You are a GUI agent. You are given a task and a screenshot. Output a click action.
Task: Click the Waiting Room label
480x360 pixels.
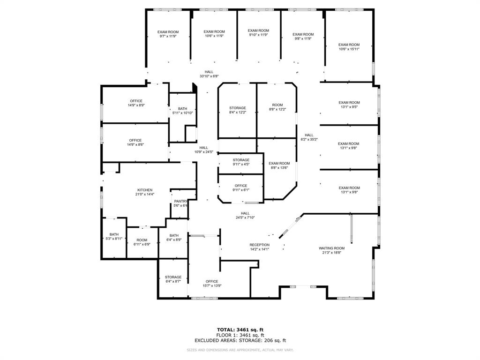[331, 248]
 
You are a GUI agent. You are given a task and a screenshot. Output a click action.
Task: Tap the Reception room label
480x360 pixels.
[259, 245]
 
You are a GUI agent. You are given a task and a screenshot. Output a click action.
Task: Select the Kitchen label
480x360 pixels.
[144, 190]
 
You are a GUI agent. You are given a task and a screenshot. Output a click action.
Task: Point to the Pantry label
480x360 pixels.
[180, 201]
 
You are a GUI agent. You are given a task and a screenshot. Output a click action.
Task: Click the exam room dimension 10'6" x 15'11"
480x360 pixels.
[349, 49]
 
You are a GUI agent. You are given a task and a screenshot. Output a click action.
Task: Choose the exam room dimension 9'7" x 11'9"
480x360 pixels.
[167, 36]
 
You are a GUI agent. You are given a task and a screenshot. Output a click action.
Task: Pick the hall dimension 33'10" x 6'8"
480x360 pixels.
[209, 76]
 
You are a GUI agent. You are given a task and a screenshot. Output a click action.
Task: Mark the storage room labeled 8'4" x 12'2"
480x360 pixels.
[237, 110]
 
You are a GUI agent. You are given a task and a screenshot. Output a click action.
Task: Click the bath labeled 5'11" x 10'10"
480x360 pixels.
[182, 110]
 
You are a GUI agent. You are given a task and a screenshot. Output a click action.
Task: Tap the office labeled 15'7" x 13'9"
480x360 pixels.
[211, 283]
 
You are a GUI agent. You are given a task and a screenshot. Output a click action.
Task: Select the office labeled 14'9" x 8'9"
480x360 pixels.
[136, 103]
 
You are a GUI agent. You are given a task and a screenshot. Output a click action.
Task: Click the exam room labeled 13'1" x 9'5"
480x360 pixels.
[349, 105]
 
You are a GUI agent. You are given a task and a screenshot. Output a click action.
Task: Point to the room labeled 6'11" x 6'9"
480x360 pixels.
[142, 242]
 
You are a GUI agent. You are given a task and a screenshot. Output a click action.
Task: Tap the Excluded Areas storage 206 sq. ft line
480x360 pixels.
[240, 341]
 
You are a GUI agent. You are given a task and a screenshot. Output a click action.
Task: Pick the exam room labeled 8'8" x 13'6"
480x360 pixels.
[279, 165]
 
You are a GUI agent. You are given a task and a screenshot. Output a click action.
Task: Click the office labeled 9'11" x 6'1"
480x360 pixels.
[241, 187]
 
